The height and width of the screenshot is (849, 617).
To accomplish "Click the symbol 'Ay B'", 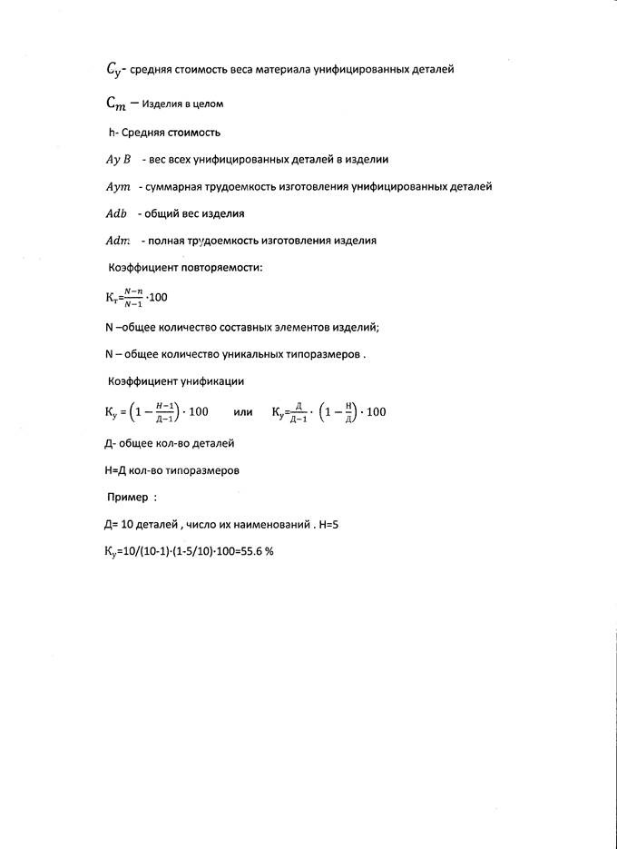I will click(119, 159).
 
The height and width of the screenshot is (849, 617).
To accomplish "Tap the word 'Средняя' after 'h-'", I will click(143, 133).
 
